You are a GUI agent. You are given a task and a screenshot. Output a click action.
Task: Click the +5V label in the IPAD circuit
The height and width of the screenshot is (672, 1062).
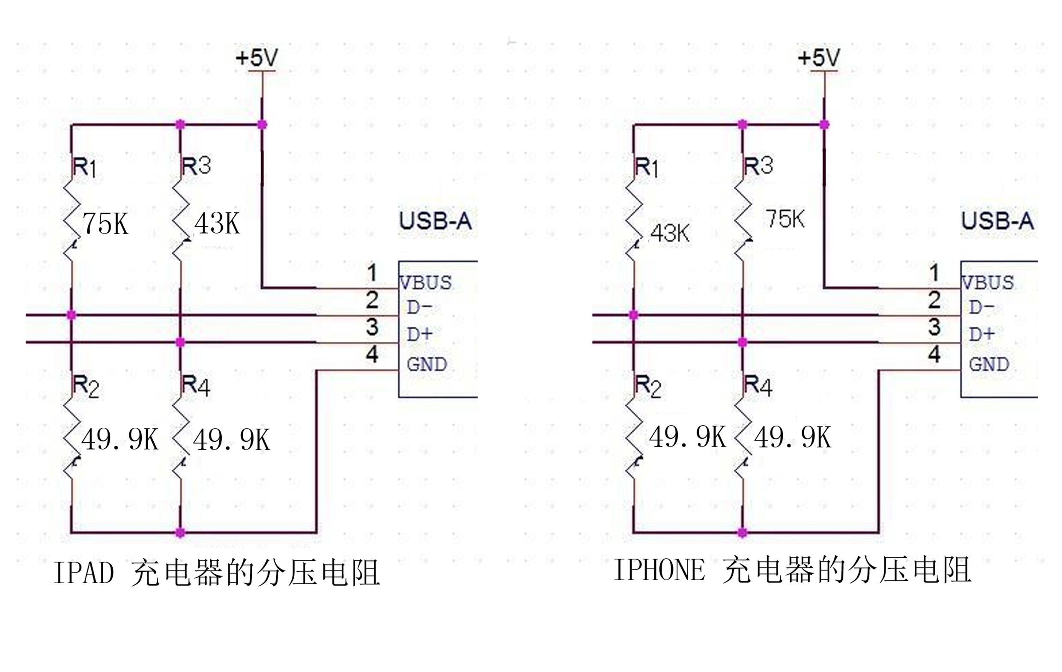pyautogui.click(x=257, y=58)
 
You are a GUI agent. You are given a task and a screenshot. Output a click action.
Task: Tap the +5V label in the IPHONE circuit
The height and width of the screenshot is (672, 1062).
pyautogui.click(x=819, y=58)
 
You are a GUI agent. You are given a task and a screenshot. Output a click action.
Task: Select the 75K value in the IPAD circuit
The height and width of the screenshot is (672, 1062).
pyautogui.click(x=106, y=224)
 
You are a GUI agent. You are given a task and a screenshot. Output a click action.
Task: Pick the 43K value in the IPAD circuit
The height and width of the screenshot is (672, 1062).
pyautogui.click(x=218, y=223)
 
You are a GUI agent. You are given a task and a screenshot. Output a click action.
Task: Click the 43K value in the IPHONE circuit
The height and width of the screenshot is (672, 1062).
pyautogui.click(x=670, y=233)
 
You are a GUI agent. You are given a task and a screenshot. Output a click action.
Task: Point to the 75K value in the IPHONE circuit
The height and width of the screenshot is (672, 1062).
pyautogui.click(x=785, y=219)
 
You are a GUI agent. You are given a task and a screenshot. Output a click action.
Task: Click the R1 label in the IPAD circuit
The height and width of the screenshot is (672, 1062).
pyautogui.click(x=84, y=167)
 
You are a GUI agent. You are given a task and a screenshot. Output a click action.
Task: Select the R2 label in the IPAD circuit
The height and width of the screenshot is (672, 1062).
pyautogui.click(x=86, y=386)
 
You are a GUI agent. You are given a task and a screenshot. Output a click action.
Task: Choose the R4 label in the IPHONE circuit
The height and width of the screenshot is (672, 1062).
pyautogui.click(x=758, y=386)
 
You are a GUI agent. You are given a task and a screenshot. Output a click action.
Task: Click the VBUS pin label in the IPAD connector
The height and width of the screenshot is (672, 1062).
pyautogui.click(x=426, y=283)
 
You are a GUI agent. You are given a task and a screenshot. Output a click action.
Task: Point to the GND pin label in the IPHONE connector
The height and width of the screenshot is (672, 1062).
pyautogui.click(x=989, y=364)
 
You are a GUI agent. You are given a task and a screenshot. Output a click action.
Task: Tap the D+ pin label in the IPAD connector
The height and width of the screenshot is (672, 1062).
pyautogui.click(x=419, y=335)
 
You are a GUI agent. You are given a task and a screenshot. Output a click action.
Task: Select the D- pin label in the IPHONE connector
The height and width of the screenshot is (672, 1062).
pyautogui.click(x=981, y=307)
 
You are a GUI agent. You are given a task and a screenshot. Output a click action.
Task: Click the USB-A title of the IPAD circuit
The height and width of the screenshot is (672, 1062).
pyautogui.click(x=436, y=221)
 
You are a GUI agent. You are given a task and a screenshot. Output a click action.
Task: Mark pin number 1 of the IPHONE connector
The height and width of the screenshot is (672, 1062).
pyautogui.click(x=934, y=273)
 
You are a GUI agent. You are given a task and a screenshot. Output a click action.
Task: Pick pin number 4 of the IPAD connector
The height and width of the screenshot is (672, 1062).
pyautogui.click(x=372, y=354)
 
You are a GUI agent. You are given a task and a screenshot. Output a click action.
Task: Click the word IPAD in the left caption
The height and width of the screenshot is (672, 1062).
pyautogui.click(x=84, y=573)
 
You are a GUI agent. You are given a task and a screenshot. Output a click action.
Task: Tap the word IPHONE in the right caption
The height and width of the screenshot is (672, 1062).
pyautogui.click(x=659, y=570)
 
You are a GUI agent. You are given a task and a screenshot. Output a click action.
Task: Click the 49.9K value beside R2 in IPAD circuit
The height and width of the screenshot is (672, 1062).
pyautogui.click(x=120, y=439)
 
